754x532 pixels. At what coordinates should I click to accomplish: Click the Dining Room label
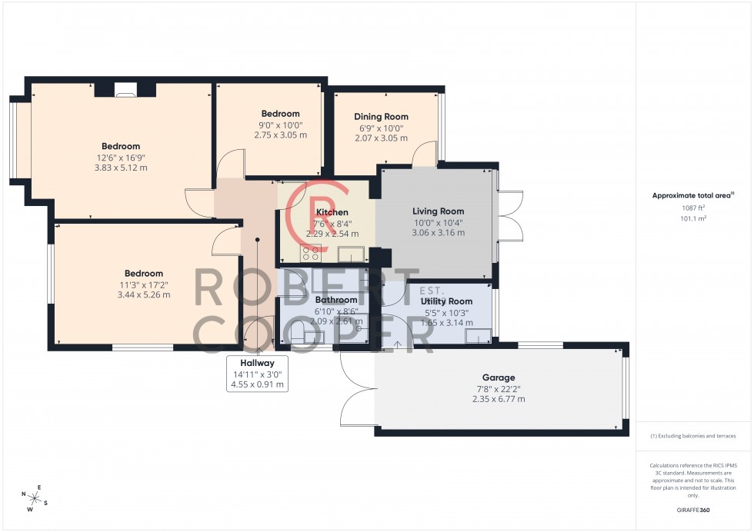tap(381, 117)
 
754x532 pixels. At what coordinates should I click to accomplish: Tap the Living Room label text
tap(438, 211)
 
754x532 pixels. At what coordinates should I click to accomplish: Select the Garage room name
tap(499, 377)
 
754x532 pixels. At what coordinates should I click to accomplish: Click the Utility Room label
tap(446, 301)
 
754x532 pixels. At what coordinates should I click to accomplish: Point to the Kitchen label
tap(332, 212)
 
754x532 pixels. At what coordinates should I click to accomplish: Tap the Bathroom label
tap(336, 300)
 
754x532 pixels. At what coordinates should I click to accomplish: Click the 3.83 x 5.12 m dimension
tap(121, 168)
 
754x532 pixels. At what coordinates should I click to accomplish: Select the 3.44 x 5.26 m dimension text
tap(144, 294)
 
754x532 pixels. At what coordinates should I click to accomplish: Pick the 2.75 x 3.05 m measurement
tap(280, 135)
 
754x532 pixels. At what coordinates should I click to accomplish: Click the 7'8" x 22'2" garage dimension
tap(499, 388)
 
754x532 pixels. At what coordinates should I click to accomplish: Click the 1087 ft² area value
tap(693, 208)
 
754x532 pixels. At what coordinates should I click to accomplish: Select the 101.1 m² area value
tap(693, 218)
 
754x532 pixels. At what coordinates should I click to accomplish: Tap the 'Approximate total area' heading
tap(692, 195)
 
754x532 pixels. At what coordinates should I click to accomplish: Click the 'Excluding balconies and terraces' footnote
tap(692, 436)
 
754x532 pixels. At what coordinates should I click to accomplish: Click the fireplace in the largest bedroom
tap(123, 91)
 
